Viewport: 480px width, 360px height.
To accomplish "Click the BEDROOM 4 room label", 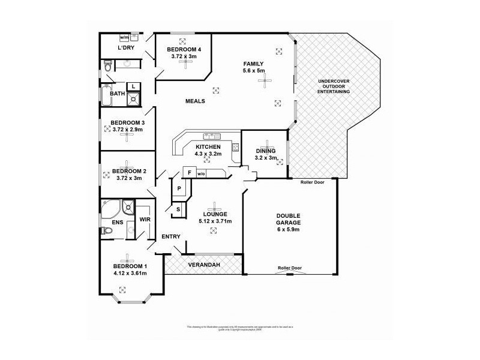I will pos(184,49).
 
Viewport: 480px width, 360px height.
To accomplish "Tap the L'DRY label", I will pos(125,47).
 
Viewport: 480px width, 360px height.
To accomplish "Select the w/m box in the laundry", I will pos(124,37).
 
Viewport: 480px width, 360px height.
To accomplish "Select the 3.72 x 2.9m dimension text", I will pos(127,130).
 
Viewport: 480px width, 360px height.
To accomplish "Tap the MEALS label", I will pos(195,101).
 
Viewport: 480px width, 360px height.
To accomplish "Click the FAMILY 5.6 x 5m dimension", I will pos(253,71).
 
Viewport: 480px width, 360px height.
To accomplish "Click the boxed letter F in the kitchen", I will pos(189,173).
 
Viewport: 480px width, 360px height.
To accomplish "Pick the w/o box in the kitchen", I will pos(201,173).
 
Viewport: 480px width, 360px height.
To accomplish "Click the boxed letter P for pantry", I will pos(179,188).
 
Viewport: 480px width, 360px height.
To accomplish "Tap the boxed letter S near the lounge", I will pos(178,209).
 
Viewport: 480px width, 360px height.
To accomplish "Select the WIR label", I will pos(145,220).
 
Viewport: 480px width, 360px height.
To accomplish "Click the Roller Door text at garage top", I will pos(313,182).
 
